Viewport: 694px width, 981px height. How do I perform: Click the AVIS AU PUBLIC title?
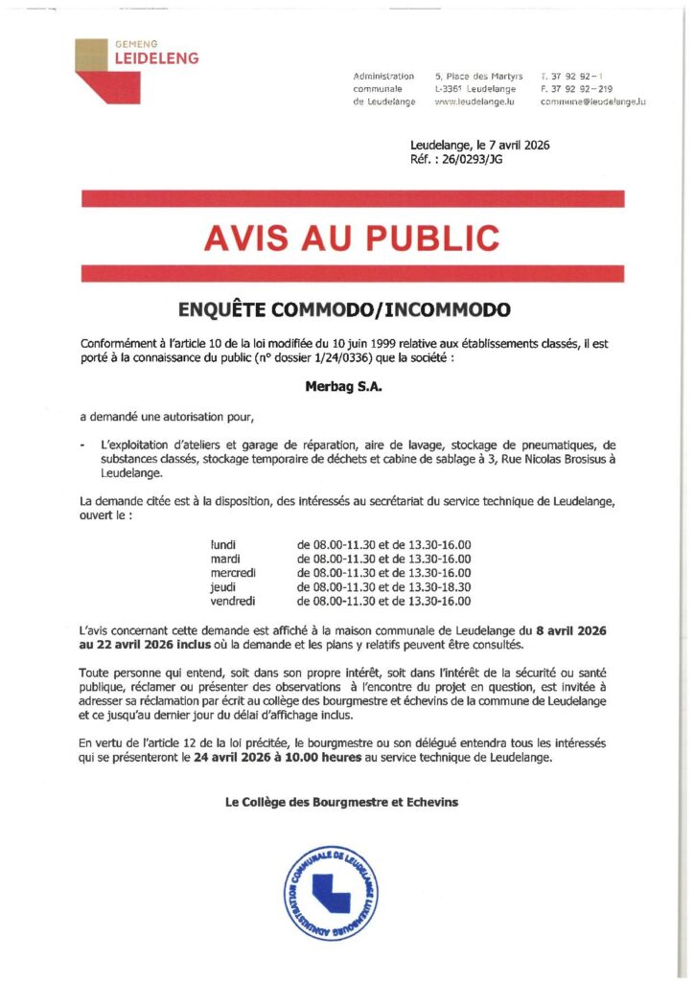coord(352,237)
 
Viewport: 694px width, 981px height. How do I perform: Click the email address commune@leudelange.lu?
coord(593,102)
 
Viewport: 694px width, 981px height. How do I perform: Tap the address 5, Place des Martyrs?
coord(478,76)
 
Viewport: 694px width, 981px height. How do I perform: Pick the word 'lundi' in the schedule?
coord(223,544)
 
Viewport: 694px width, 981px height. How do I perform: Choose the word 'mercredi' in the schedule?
coord(233,573)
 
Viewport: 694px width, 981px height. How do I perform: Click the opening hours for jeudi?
coord(383,587)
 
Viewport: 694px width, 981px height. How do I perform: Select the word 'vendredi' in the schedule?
coord(233,602)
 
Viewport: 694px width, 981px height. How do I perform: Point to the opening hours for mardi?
coord(383,559)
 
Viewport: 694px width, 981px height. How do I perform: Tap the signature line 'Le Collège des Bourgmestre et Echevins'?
coord(341,802)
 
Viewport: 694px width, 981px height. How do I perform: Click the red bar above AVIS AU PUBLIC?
coord(353,199)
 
